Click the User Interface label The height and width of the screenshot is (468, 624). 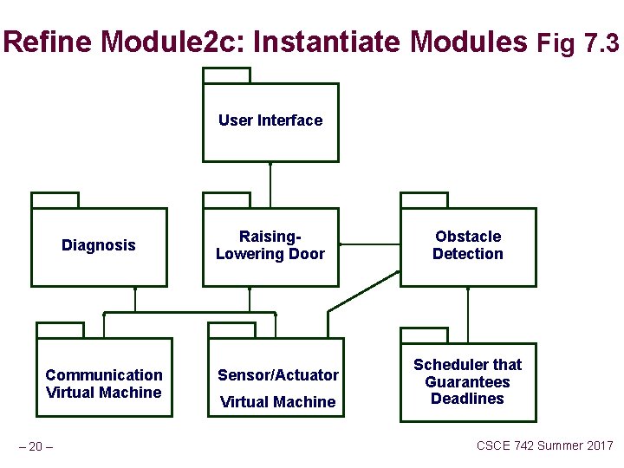[270, 120]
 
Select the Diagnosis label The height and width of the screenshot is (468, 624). [99, 245]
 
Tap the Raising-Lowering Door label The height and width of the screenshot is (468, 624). [270, 245]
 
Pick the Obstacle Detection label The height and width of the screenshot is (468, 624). [468, 245]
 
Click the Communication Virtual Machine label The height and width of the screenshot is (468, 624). [104, 384]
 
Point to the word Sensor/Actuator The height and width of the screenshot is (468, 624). [278, 375]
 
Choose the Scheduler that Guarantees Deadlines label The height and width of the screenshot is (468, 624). [468, 382]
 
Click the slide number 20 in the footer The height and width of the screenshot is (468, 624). [36, 446]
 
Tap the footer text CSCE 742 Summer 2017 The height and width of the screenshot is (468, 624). [545, 445]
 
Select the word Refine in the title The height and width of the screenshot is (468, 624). [49, 41]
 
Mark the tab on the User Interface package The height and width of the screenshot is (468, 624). [226, 75]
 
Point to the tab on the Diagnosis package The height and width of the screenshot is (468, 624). [55, 200]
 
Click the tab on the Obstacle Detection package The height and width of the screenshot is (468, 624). [424, 200]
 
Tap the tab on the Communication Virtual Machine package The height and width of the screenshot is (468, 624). [60, 329]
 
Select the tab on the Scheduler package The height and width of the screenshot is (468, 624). [424, 335]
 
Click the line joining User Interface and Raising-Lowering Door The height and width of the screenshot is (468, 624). [270, 185]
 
